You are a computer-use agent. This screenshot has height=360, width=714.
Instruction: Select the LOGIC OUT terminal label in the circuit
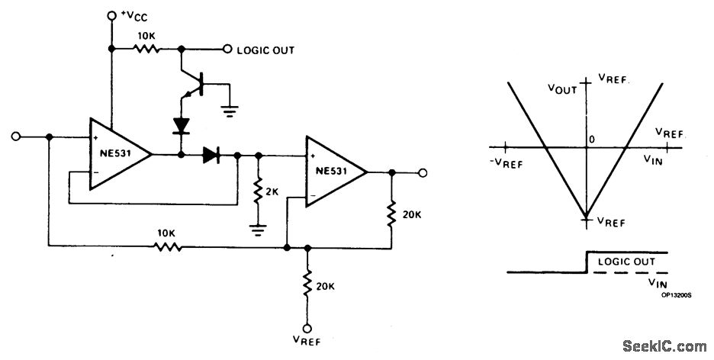click(265, 50)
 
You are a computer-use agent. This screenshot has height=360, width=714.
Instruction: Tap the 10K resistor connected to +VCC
click(146, 50)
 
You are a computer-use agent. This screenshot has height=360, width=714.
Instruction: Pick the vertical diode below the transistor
click(181, 123)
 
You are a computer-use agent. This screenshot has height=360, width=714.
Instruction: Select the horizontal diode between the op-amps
click(211, 155)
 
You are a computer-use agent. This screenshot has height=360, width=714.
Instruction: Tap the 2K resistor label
click(272, 186)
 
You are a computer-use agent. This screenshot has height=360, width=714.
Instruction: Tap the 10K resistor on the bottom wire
click(166, 247)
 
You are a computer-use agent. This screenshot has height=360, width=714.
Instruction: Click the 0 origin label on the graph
click(590, 140)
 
